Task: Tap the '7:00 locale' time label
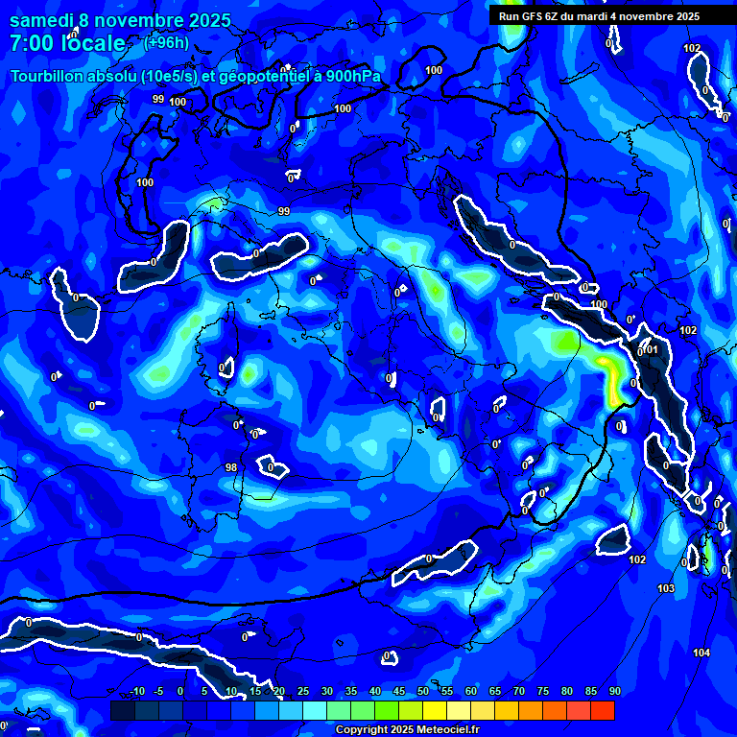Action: coord(67,43)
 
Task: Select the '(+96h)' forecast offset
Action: coord(166,42)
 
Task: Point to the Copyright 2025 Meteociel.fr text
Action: coord(407,730)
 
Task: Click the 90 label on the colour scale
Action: coord(614,692)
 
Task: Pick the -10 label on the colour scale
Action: coord(137,692)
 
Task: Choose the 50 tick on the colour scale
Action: coord(423,692)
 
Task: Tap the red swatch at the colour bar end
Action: coord(603,710)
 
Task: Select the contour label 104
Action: coord(701,653)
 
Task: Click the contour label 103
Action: coord(666,588)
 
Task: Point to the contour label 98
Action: coord(230,467)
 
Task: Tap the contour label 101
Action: coord(652,349)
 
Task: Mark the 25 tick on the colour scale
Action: coord(303,692)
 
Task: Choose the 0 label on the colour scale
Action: coord(180,692)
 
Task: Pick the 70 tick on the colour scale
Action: coord(519,692)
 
